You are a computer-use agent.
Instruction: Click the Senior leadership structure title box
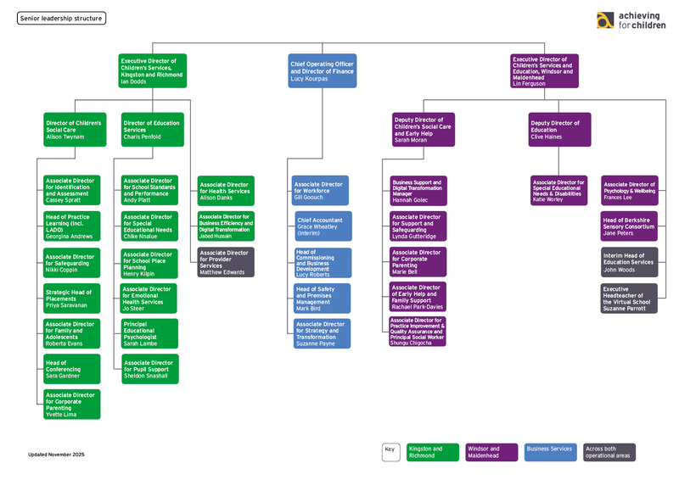click(62, 18)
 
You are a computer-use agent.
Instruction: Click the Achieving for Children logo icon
click(605, 20)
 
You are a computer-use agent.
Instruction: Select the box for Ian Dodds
click(153, 70)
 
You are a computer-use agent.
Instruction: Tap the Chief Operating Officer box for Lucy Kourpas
click(322, 70)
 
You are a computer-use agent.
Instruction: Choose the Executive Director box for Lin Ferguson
click(544, 70)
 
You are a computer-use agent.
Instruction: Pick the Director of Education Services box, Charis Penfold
click(152, 130)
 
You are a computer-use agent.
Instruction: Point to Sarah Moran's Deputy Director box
click(423, 130)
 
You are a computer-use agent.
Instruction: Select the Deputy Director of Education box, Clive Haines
click(559, 130)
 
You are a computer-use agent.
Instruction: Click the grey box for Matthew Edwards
click(226, 262)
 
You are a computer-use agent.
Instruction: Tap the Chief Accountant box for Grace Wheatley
click(322, 226)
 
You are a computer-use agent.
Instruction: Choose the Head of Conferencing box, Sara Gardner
click(72, 369)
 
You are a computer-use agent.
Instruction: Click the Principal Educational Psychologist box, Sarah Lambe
click(150, 334)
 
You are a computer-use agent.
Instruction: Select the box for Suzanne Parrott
click(629, 299)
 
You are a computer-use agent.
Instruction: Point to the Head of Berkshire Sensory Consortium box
click(629, 226)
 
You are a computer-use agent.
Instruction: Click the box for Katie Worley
click(559, 191)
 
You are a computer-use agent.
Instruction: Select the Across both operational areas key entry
click(609, 452)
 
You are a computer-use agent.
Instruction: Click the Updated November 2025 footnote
click(57, 455)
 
